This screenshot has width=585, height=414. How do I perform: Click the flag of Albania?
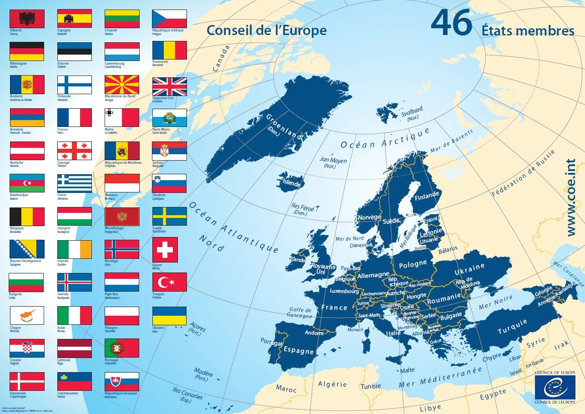(27, 19)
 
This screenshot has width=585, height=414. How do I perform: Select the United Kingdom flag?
(169, 86)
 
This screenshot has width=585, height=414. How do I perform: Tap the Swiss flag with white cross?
(165, 249)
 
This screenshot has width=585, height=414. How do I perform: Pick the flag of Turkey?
(169, 282)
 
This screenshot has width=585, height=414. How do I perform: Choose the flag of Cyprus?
(27, 315)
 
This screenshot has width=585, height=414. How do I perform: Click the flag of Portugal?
(122, 348)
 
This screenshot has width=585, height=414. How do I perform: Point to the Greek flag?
(75, 183)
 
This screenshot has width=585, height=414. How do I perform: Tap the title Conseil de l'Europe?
(266, 30)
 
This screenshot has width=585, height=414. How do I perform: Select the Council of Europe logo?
(555, 387)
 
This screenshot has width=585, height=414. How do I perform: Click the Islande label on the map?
(292, 183)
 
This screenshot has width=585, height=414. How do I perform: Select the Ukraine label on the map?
(469, 268)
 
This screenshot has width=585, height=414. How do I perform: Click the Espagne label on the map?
(298, 351)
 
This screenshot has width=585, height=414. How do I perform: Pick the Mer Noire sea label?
(496, 302)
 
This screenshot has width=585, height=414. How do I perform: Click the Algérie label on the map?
(332, 384)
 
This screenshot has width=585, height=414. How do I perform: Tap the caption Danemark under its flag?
(18, 393)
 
